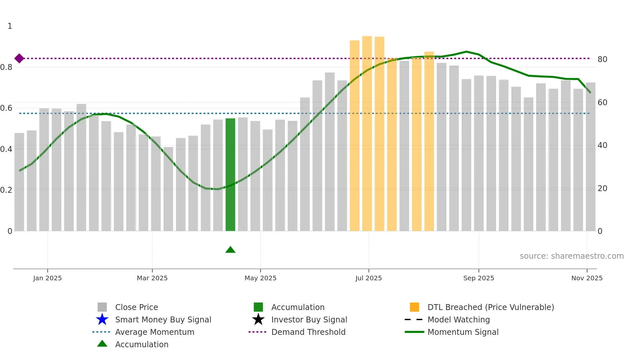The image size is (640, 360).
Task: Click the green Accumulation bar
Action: pos(230,174)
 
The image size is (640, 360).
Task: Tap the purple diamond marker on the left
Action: pos(19,58)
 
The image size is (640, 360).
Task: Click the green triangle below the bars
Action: pos(230,250)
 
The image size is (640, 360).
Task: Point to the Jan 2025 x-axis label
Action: pos(47,278)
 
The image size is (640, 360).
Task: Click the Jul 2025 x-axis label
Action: pos(369,278)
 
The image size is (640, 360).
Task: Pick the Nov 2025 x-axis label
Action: pos(587,278)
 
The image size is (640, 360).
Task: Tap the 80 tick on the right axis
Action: pos(602,59)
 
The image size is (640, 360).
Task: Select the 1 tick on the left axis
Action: pos(10,26)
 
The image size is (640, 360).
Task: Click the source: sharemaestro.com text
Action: pos(571,256)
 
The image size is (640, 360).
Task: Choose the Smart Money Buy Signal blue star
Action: pos(102,319)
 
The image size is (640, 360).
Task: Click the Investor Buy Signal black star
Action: pos(258,319)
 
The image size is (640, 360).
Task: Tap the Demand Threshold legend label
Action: pos(308,332)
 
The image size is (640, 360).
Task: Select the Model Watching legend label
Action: pos(458,320)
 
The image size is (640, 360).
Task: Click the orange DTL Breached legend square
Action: pos(414,307)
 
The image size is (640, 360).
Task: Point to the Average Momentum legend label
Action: pos(154,332)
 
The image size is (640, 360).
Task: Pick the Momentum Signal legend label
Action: pos(463,332)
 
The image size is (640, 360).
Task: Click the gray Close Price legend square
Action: pos(102,307)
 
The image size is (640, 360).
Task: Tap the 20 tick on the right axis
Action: pos(602,188)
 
